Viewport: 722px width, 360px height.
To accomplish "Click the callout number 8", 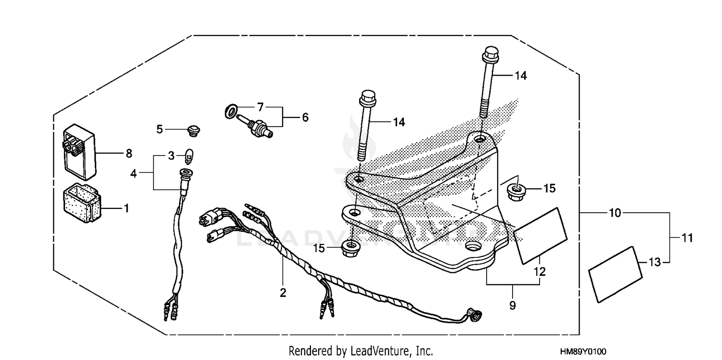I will [129, 154].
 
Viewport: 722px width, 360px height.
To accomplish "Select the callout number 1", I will [126, 208].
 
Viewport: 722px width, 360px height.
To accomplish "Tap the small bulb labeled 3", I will [189, 155].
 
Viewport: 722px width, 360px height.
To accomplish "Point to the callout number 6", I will [305, 117].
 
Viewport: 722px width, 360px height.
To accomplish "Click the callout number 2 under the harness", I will [283, 292].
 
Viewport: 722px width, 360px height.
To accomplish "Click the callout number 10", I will [615, 212].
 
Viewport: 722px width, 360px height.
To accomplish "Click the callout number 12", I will [540, 271].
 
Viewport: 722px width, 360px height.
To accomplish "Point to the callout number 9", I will [512, 305].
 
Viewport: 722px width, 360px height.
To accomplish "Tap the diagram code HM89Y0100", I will [583, 352].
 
